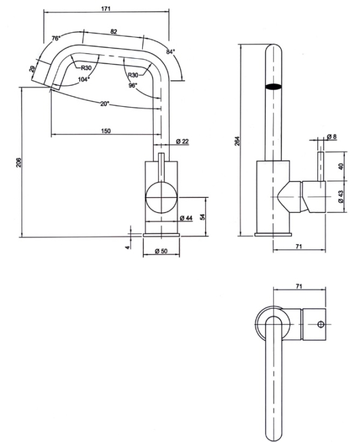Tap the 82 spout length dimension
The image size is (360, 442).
[x=113, y=31]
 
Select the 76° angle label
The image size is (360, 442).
[x=56, y=38]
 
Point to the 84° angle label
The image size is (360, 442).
[x=170, y=52]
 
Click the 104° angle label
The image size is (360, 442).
[x=83, y=79]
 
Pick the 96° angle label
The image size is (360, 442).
[x=133, y=85]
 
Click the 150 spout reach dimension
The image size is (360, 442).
[x=106, y=130]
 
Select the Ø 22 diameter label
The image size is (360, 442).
[x=183, y=142]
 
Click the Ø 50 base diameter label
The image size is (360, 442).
[x=160, y=251]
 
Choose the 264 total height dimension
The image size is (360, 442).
[x=237, y=142]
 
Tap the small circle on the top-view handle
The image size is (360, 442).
[x=320, y=324]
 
